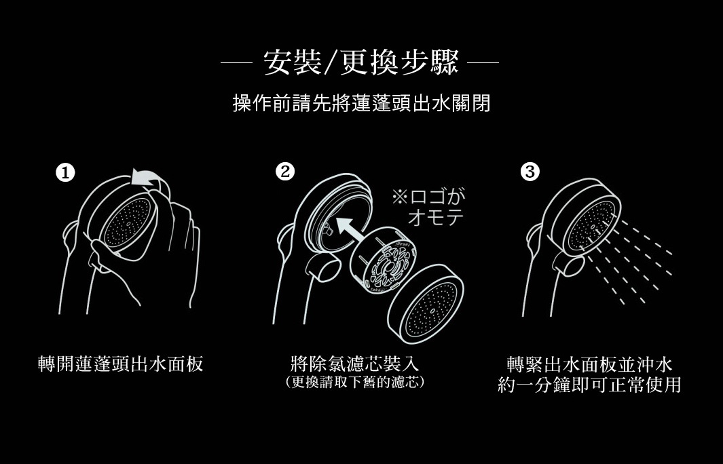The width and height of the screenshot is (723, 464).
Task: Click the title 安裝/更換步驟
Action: [360, 64]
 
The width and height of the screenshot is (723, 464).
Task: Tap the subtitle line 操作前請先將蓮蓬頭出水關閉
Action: [361, 104]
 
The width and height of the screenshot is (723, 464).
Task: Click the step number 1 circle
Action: [65, 173]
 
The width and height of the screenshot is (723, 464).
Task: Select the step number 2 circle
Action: [286, 172]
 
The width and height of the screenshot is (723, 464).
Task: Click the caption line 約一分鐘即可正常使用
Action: [589, 385]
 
